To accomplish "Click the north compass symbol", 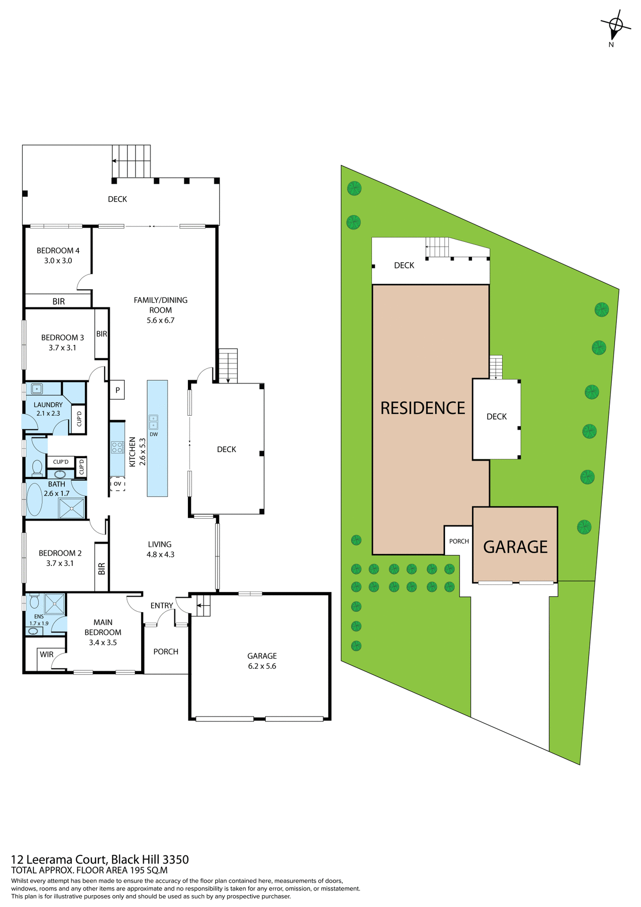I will pyautogui.click(x=615, y=26).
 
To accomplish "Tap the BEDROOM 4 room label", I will pyautogui.click(x=58, y=250).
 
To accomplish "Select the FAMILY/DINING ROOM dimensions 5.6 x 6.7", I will pyautogui.click(x=160, y=320).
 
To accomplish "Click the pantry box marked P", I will pyautogui.click(x=118, y=390).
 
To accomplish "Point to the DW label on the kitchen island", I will pyautogui.click(x=154, y=434).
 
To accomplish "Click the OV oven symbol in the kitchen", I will pyautogui.click(x=118, y=484).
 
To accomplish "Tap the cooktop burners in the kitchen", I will pyautogui.click(x=117, y=447).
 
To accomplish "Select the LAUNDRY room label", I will pyautogui.click(x=48, y=405).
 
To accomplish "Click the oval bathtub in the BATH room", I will pyautogui.click(x=34, y=499).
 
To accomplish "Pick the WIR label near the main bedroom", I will pyautogui.click(x=47, y=654).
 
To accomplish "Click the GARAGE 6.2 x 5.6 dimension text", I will pyautogui.click(x=262, y=666).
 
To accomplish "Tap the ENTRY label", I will pyautogui.click(x=162, y=606).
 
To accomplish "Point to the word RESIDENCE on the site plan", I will pyautogui.click(x=423, y=408).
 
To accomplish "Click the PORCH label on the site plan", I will pyautogui.click(x=459, y=541).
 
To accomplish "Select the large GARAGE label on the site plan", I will pyautogui.click(x=515, y=547).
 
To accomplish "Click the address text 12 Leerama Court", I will pyautogui.click(x=59, y=859).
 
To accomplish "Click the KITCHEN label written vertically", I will pyautogui.click(x=133, y=452).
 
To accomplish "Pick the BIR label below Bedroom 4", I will pyautogui.click(x=59, y=301).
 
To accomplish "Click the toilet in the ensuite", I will pyautogui.click(x=34, y=602).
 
